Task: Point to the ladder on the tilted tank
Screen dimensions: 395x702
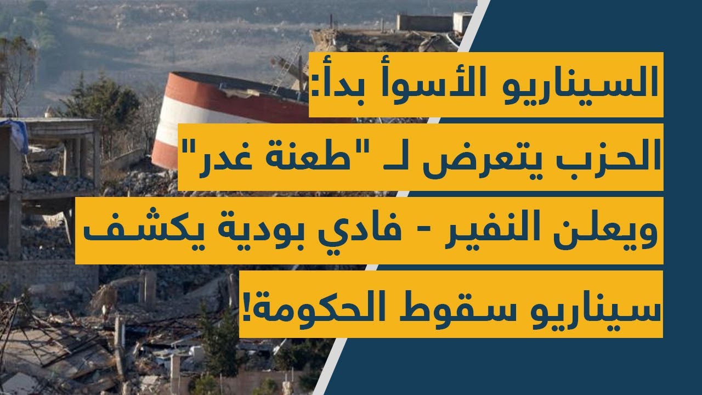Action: point(288,69)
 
